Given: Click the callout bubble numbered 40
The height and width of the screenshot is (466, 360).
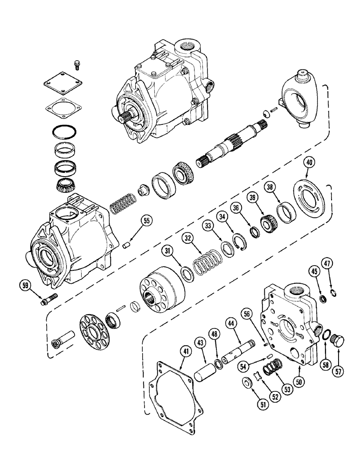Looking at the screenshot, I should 308,163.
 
